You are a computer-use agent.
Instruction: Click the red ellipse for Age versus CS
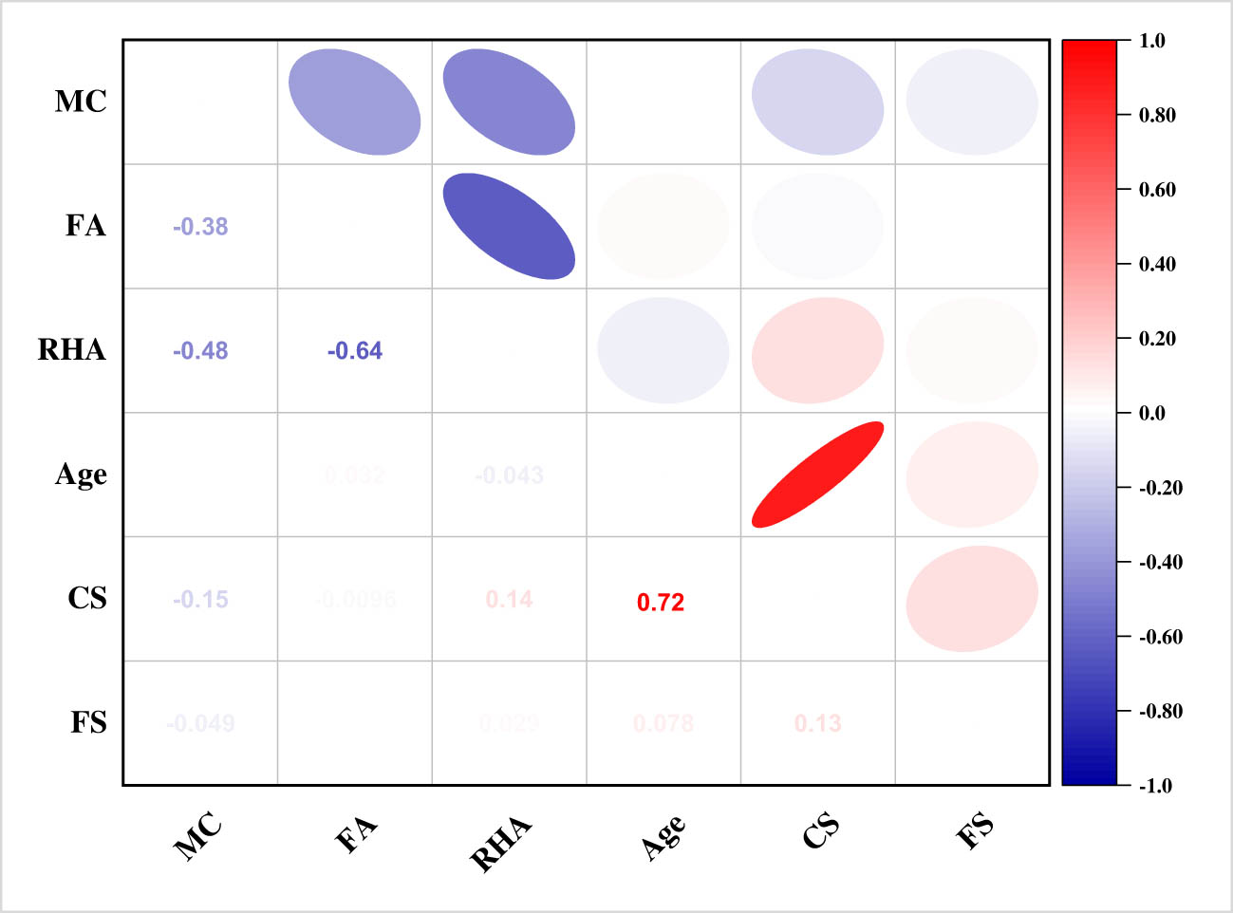coord(817,475)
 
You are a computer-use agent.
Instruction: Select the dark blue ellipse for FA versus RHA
coord(509,226)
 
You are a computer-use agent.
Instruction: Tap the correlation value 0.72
coord(661,602)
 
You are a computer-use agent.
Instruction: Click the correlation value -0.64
coord(355,351)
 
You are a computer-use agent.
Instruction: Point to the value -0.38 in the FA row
coord(200,226)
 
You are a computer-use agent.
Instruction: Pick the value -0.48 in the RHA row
coord(200,351)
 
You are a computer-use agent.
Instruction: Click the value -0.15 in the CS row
coord(200,600)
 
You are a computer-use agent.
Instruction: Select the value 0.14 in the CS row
coord(509,600)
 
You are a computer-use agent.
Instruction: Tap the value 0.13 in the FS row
coord(817,723)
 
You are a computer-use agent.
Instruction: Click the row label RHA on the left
coord(71,350)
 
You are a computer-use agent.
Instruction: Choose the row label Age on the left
coord(81,475)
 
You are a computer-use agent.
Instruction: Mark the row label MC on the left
coord(81,102)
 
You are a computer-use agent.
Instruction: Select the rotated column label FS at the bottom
coord(975,829)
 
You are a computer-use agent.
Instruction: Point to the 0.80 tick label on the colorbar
coord(1157,115)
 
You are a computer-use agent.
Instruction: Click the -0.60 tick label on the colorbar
coord(1161,637)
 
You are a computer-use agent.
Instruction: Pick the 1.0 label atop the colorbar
coord(1151,41)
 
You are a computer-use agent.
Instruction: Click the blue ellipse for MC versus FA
coord(354,102)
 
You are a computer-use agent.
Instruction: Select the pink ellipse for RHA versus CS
coord(817,350)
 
